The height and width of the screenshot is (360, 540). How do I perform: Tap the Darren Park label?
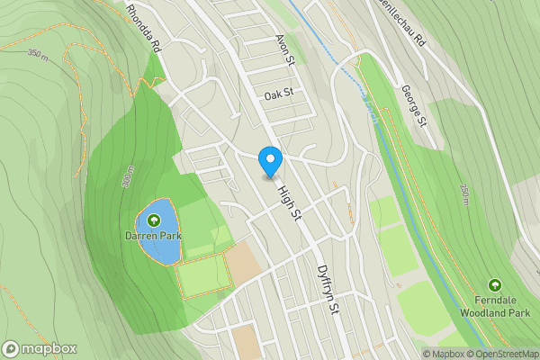pos(153,236)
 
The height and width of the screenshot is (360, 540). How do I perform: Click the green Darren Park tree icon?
pos(153,220)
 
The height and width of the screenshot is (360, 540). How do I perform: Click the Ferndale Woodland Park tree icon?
pos(494,285)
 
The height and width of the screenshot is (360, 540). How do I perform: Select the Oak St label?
pos(279,94)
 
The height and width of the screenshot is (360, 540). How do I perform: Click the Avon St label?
pos(285,49)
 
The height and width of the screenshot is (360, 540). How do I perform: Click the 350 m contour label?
pos(39,55)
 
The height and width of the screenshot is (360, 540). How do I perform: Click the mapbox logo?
pos(40,349)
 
